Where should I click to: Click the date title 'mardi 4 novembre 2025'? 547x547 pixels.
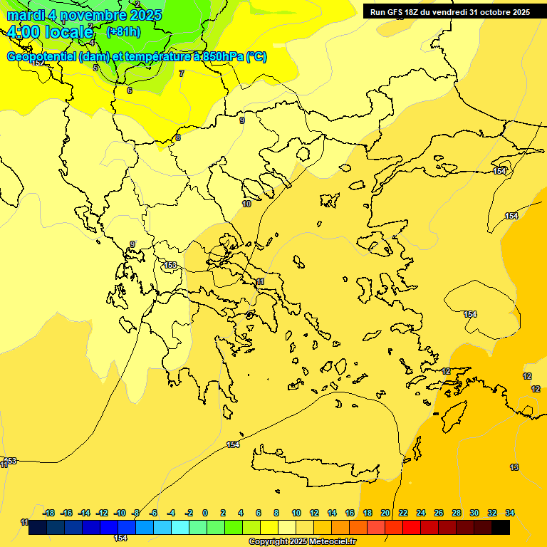tap(85, 15)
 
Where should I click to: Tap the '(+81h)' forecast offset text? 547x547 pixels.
tap(123, 32)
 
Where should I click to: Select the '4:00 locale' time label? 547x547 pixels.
tap(50, 32)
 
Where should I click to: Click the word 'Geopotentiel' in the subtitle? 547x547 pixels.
tap(43, 57)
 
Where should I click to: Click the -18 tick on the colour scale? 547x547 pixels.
tap(48, 513)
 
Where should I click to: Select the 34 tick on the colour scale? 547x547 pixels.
tap(510, 513)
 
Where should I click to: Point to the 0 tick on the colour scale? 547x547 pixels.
tap(205, 513)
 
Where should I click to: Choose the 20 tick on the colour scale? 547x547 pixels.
tap(385, 513)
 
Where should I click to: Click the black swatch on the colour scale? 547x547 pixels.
tap(501, 528)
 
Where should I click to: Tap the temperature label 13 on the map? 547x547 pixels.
tap(514, 467)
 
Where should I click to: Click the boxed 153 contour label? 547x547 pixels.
tap(170, 266)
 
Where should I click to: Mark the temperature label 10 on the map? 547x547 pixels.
tap(246, 204)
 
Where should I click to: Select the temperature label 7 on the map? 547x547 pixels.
tap(182, 73)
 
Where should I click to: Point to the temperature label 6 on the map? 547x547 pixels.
tap(130, 90)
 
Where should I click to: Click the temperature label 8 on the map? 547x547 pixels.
tap(178, 137)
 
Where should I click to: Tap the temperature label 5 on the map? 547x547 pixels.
tap(95, 68)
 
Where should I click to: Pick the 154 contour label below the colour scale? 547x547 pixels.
tap(120, 538)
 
